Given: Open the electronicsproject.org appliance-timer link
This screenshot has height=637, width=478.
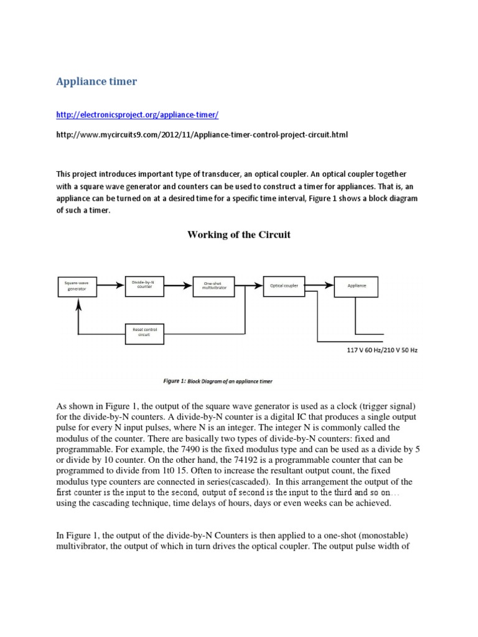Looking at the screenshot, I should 137,115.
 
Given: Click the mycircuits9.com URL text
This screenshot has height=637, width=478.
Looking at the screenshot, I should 197,136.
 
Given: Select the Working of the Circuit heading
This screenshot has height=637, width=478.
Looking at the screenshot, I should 239,235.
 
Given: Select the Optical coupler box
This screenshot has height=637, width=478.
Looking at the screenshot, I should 284,286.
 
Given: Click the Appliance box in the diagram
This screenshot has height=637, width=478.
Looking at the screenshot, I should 357,286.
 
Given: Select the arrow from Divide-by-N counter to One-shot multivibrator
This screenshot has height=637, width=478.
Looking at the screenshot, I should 178,285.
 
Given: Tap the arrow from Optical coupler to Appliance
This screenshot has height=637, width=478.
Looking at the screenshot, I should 320,285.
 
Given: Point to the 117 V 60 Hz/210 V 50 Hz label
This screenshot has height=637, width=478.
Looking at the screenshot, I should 382,350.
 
